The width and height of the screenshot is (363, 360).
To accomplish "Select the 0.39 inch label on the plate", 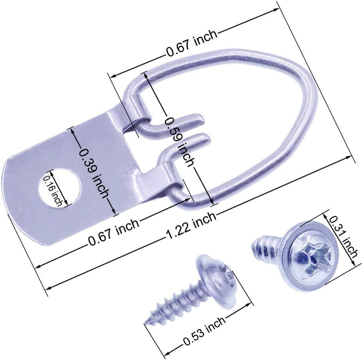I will tap(93, 171).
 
